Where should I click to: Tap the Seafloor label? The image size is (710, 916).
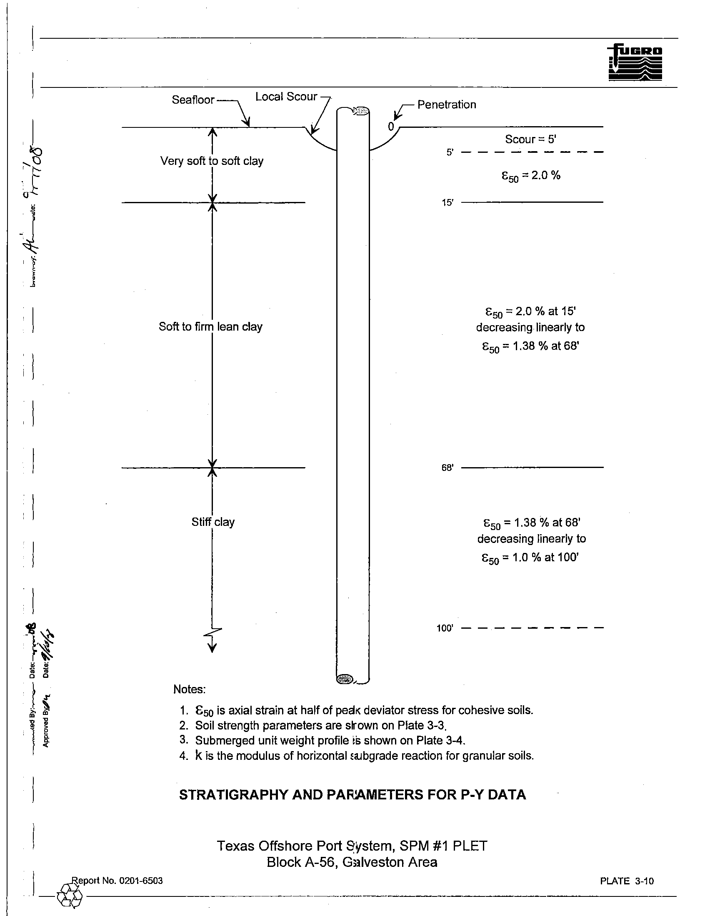(x=192, y=100)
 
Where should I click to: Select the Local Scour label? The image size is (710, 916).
(x=286, y=97)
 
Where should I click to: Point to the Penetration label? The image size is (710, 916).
(x=447, y=105)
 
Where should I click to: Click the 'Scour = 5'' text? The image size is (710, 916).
(x=530, y=139)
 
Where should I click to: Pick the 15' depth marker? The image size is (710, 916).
(x=447, y=203)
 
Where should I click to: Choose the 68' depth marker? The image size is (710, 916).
(x=447, y=468)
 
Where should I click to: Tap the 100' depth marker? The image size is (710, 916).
(x=445, y=628)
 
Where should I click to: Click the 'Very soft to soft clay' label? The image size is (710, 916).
(x=212, y=161)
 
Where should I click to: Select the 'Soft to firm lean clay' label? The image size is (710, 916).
(x=210, y=327)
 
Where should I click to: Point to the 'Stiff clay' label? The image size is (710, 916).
(x=213, y=522)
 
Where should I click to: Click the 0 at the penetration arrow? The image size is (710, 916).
(x=391, y=127)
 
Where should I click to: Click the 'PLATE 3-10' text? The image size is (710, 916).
(x=627, y=881)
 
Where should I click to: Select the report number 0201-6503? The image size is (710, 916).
(x=140, y=881)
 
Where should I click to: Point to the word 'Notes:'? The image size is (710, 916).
(x=189, y=689)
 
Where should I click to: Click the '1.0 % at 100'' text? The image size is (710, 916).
(x=545, y=558)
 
